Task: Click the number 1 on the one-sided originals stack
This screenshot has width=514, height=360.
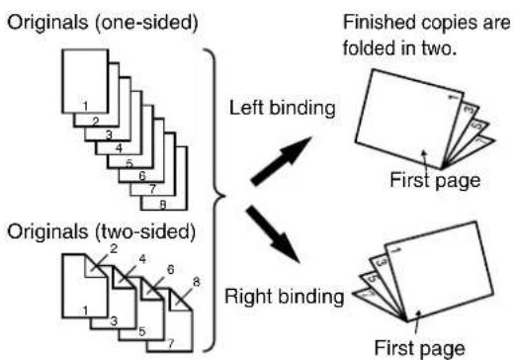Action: point(85,106)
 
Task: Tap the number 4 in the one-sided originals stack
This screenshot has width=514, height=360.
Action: point(119,148)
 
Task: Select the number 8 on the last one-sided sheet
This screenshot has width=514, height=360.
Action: point(163,205)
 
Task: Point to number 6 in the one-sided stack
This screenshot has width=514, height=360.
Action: point(142,176)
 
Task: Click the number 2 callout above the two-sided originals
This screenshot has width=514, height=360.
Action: point(114,248)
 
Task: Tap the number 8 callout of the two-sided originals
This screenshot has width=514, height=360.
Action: point(197,282)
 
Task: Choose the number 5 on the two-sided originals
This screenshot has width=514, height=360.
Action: point(142,331)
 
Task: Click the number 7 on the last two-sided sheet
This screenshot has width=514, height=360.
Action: point(170,344)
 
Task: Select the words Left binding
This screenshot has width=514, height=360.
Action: point(283,108)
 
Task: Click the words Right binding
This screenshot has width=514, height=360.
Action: point(284,297)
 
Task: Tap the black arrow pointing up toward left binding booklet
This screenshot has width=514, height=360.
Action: point(281,161)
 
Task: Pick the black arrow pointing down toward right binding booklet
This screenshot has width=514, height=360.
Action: point(273,234)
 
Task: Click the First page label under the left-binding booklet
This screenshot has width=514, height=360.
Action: point(435,181)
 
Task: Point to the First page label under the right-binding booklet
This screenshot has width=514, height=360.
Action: point(420,348)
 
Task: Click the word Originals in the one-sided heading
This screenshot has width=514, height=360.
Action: point(47,23)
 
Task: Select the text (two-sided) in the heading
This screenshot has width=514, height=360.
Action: point(145,231)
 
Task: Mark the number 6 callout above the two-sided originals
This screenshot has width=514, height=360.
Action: point(170,270)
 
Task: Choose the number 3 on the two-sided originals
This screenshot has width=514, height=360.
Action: point(114,320)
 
